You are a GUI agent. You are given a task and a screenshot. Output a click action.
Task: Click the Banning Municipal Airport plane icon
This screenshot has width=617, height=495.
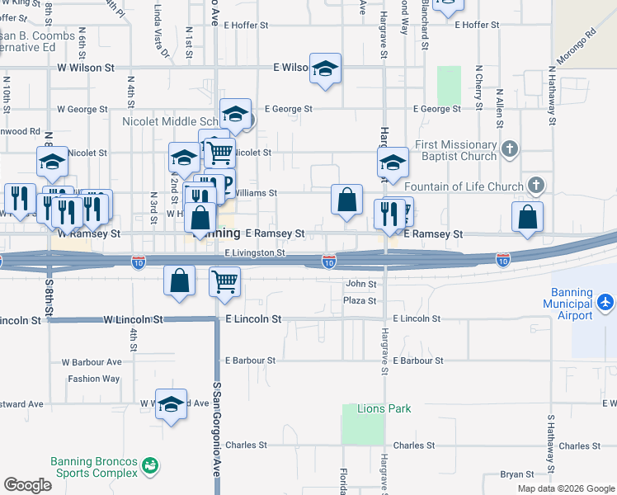pos(606,302)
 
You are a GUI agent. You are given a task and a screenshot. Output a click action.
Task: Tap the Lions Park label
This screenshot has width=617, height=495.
pos(384,408)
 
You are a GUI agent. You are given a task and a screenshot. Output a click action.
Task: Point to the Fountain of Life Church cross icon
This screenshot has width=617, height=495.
pos(536,186)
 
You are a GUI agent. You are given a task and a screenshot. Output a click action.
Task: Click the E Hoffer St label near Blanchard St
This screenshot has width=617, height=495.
pos(478,26)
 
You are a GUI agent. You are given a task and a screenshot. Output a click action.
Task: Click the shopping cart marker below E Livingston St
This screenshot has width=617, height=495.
pos(224,281)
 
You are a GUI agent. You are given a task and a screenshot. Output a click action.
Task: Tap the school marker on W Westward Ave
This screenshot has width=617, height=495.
pos(171,404)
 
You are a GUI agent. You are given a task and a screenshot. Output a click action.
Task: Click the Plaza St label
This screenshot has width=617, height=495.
pos(360,302)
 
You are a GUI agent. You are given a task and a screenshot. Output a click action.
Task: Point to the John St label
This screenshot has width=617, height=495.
pos(360,284)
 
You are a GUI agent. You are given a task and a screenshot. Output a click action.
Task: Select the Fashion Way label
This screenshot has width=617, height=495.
pos(94,379)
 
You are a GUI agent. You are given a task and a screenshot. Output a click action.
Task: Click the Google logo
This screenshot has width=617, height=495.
pos(27,485)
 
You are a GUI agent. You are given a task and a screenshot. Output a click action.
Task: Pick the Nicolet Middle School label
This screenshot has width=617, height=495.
pos(169,121)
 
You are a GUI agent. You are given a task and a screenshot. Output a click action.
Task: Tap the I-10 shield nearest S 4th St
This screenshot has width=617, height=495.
pos(139,262)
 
